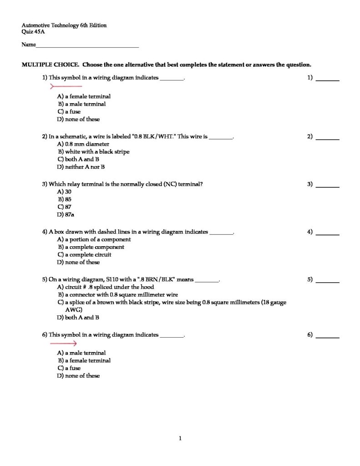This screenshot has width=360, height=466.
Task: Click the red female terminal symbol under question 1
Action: click(x=66, y=86)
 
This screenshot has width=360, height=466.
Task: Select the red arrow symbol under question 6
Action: click(x=63, y=344)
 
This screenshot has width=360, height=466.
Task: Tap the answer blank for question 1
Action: click(x=328, y=80)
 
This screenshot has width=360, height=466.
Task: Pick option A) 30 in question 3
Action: click(x=65, y=192)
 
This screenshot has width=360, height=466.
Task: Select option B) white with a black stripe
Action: click(x=93, y=152)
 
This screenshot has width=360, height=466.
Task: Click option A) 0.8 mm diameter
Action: click(x=83, y=144)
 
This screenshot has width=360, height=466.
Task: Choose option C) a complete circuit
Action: click(x=84, y=255)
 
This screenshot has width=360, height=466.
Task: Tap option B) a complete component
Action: click(x=91, y=247)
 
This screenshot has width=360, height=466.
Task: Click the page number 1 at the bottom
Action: click(x=180, y=439)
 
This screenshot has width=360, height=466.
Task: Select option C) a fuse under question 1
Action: click(x=69, y=111)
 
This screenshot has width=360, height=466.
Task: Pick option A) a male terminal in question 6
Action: click(x=81, y=353)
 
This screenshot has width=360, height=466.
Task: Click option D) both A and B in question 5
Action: click(x=78, y=318)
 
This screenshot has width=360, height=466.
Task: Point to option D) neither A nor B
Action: click(x=81, y=167)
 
